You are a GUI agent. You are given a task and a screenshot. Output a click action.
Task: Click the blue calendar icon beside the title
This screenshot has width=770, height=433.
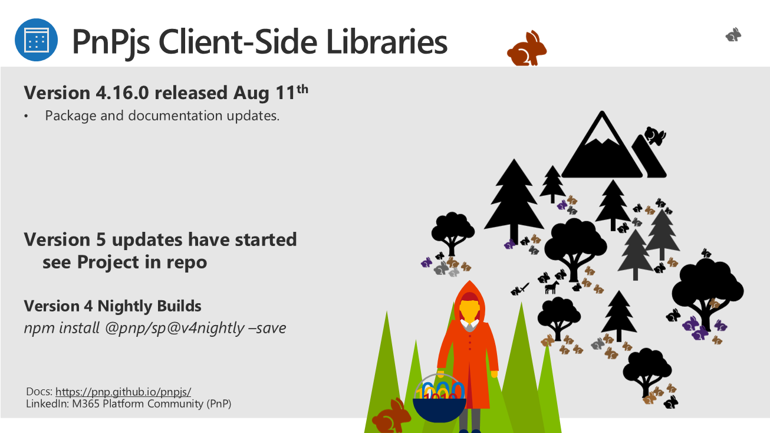click(x=36, y=40)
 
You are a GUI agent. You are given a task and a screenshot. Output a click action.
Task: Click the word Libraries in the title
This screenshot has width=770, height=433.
click(x=387, y=42)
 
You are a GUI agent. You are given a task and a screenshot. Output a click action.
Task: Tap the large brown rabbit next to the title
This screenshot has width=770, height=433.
click(x=527, y=48)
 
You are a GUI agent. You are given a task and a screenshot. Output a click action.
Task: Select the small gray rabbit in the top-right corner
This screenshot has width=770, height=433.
click(x=733, y=35)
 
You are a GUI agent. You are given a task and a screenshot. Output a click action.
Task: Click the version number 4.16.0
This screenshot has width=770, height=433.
click(x=122, y=93)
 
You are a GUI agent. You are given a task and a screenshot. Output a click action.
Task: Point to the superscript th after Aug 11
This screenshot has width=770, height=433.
click(x=302, y=89)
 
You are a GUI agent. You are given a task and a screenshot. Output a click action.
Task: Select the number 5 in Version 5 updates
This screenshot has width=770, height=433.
click(x=101, y=240)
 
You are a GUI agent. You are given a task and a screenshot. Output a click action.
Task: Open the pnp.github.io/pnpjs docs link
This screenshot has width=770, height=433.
click(x=123, y=392)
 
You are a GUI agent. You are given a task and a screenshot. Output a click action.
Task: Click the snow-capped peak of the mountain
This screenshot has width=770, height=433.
click(x=601, y=128)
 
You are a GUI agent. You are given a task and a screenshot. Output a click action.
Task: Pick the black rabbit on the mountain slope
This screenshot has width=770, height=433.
click(x=655, y=136)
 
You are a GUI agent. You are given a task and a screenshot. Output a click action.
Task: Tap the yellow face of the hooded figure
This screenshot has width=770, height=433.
click(x=469, y=310)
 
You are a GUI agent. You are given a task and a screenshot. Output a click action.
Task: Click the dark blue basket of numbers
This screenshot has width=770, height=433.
click(x=439, y=409)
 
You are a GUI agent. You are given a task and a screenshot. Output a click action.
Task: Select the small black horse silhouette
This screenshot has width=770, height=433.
click(x=552, y=287)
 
